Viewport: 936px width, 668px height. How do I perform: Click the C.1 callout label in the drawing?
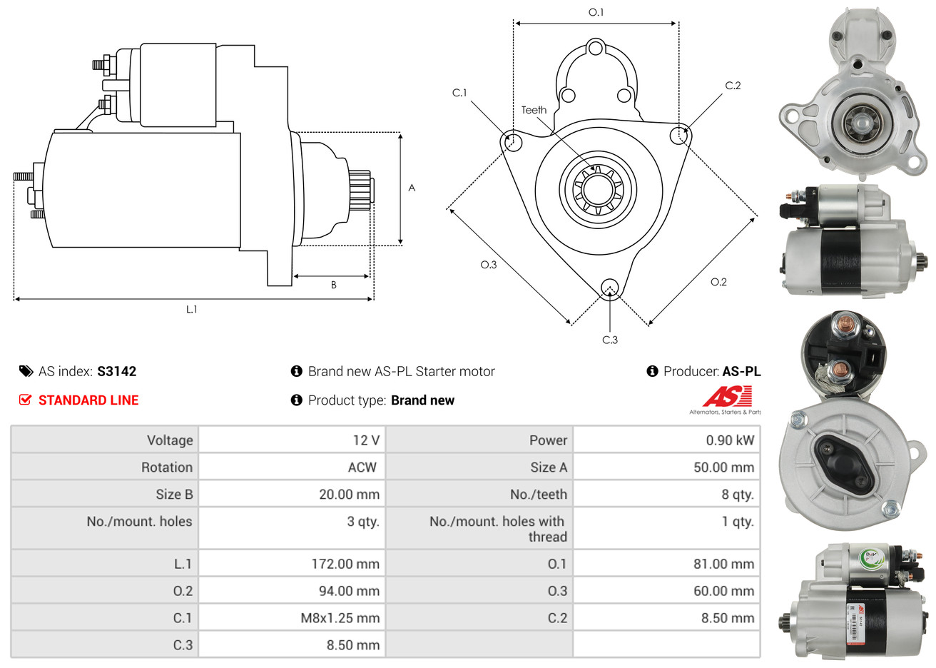tap(459, 93)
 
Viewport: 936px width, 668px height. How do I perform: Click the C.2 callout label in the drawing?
tap(733, 86)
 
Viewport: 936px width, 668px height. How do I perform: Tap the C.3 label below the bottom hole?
tap(610, 340)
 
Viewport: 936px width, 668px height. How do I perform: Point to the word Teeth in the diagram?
tap(534, 110)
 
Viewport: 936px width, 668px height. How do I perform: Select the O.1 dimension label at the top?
tap(596, 12)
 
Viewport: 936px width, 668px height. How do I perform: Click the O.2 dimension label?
tap(718, 282)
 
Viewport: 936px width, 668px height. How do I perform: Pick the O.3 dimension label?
tap(488, 265)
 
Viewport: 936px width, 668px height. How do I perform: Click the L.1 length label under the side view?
tap(191, 309)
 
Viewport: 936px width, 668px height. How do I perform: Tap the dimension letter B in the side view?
tap(333, 285)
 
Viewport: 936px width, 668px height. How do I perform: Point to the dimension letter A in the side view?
tap(412, 188)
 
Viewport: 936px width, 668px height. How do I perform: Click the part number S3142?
tap(116, 371)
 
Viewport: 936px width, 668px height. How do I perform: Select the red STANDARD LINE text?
tap(88, 400)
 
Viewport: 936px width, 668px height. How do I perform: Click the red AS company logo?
tap(727, 397)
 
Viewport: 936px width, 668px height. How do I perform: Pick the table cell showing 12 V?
tap(366, 440)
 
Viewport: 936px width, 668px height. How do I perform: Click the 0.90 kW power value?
tap(729, 440)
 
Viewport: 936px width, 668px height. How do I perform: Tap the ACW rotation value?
tap(362, 467)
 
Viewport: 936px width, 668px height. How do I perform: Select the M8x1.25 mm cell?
tap(340, 618)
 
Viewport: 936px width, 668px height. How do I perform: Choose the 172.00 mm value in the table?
tap(345, 564)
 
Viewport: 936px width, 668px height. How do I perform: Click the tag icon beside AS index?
tap(26, 371)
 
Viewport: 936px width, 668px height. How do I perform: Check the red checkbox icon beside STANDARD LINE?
tap(26, 400)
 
